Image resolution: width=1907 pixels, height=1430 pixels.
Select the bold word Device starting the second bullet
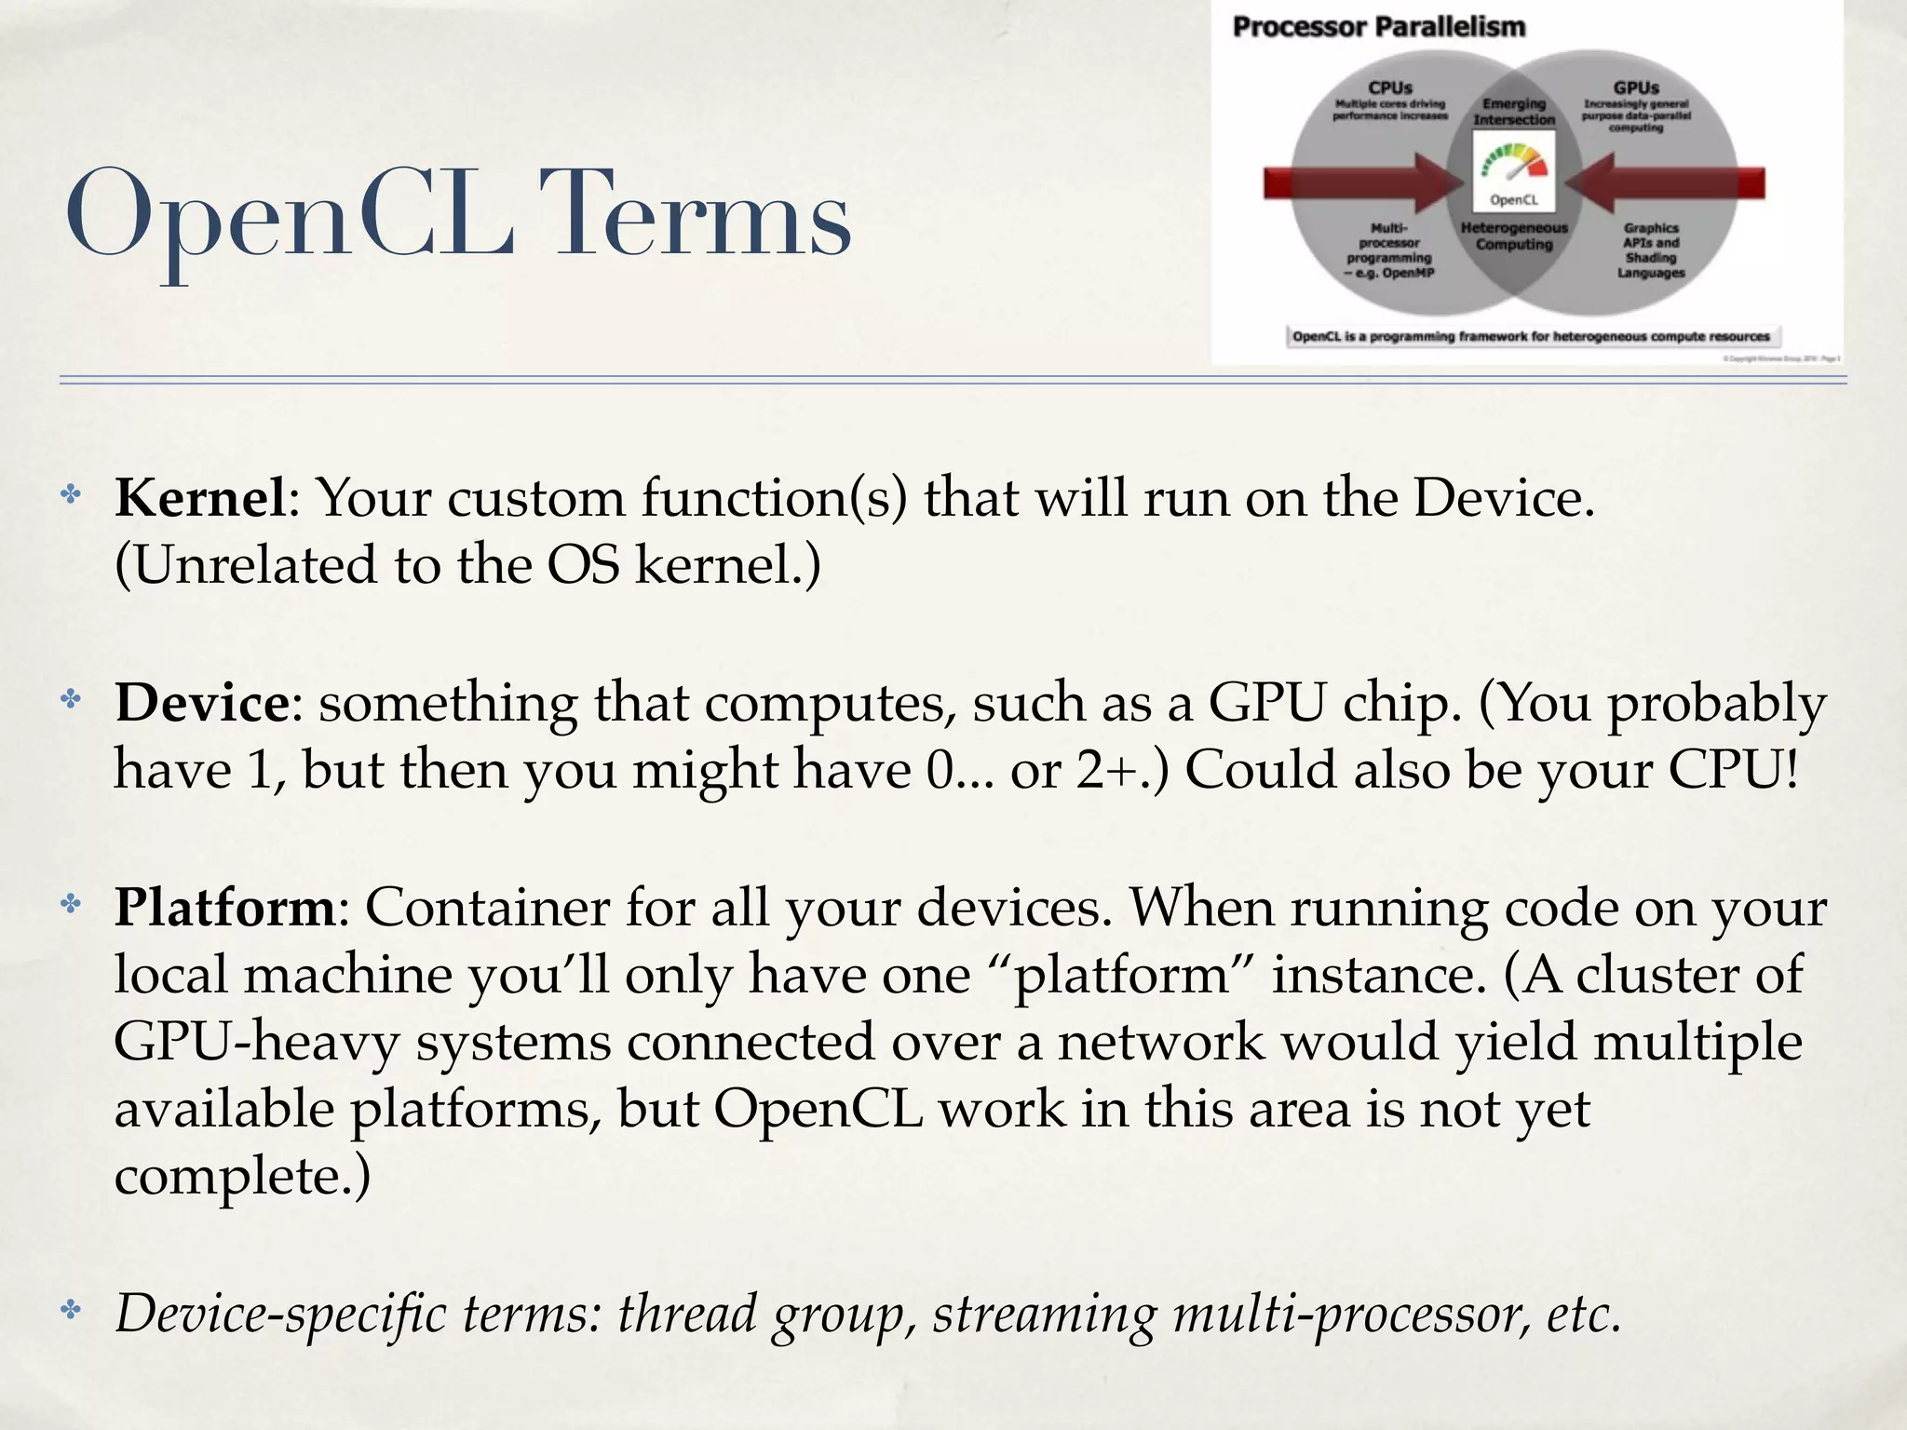point(202,703)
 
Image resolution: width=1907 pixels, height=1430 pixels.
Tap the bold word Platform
point(224,907)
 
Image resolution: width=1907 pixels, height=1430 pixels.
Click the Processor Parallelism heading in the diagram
point(1378,27)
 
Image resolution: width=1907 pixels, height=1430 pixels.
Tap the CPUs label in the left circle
point(1389,88)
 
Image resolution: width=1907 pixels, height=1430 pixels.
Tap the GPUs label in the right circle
point(1636,88)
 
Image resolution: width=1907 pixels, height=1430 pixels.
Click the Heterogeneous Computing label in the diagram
point(1514,236)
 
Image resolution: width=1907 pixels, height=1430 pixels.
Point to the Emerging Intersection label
point(1514,112)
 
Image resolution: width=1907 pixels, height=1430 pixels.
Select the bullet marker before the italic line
point(71,1312)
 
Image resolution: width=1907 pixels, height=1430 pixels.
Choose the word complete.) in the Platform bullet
point(242,1177)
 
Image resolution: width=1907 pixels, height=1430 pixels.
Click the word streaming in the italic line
point(1044,1314)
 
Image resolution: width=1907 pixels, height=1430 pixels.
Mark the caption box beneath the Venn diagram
point(1531,336)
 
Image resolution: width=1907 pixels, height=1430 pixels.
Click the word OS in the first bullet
point(583,565)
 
